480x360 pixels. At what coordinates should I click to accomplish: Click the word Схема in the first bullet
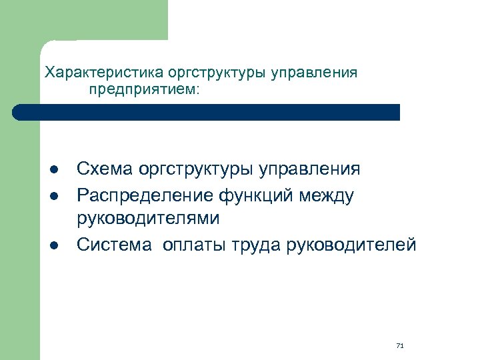click(x=105, y=169)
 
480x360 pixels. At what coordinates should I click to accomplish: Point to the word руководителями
click(x=147, y=219)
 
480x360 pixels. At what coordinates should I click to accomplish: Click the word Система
click(x=113, y=245)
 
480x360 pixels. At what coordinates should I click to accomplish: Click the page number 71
click(x=400, y=345)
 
